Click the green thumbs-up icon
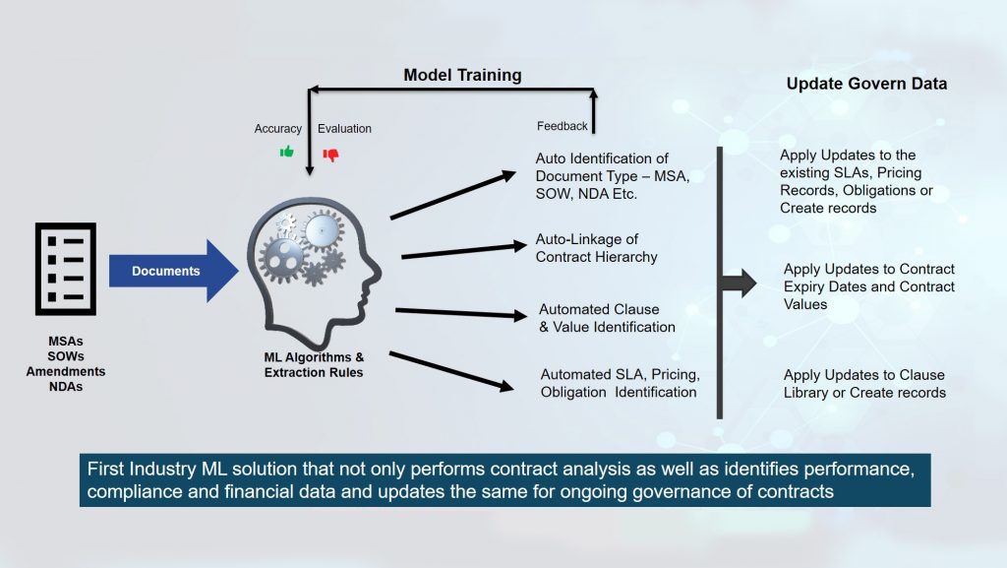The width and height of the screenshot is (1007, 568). [x=287, y=152]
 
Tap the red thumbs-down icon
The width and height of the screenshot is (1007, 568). [x=330, y=155]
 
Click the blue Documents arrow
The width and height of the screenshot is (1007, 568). [x=173, y=271]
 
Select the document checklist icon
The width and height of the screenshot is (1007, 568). [x=66, y=268]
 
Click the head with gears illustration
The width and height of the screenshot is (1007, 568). [x=311, y=264]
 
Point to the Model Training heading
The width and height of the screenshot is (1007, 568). [x=463, y=75]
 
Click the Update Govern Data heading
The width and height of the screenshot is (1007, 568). [x=866, y=84]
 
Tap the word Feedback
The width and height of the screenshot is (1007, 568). [x=563, y=126]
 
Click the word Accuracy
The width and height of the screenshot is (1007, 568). [x=278, y=129]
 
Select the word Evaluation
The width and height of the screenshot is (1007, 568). [x=344, y=129]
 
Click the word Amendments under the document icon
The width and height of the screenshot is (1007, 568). [x=66, y=371]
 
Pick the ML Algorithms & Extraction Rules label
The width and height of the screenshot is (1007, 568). [x=314, y=364]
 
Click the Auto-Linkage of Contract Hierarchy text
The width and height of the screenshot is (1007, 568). [x=596, y=248]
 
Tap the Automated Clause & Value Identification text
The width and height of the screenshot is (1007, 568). [x=607, y=318]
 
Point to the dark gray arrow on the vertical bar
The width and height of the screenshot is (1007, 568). [x=740, y=284]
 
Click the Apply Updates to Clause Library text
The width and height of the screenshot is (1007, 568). [x=864, y=384]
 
